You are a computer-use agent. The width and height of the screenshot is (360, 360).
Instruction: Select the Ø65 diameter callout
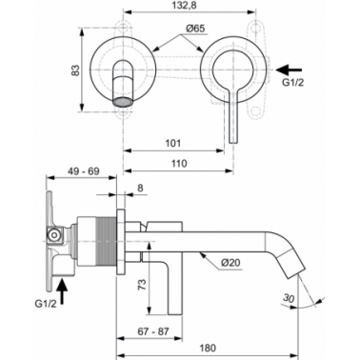[195, 29]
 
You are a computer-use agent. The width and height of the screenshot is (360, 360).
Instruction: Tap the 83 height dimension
[75, 70]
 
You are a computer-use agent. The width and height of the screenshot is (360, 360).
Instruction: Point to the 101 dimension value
[173, 143]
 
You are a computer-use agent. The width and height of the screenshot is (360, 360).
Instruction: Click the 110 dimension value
[179, 164]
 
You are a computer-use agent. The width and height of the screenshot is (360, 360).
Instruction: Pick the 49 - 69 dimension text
[84, 171]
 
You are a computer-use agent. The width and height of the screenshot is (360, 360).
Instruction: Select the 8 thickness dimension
[140, 188]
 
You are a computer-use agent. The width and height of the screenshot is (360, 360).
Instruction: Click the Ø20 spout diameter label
[230, 263]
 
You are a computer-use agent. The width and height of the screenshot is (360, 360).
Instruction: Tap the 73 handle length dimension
[143, 284]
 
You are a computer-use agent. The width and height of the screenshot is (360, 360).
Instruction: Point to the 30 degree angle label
[289, 298]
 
